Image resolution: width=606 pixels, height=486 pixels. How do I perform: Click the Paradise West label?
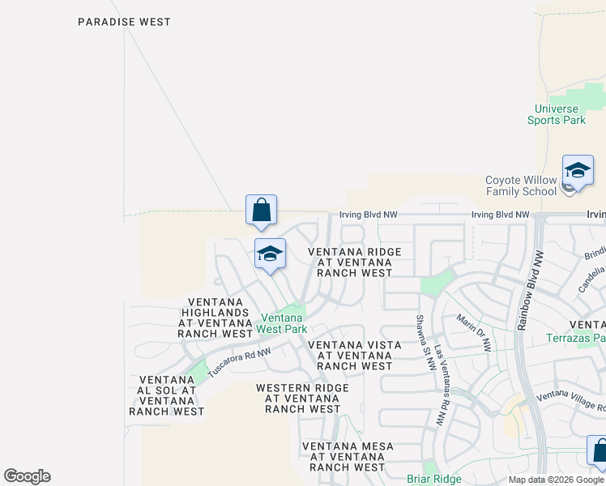(124, 22)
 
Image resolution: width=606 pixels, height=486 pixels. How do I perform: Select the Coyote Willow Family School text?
(521, 185)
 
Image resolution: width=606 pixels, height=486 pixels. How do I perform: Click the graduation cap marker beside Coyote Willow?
(578, 171)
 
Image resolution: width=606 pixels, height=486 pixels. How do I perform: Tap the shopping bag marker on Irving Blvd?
(261, 211)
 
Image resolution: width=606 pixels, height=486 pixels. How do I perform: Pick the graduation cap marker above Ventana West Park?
(270, 254)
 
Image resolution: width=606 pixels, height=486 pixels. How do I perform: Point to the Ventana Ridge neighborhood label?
(355, 262)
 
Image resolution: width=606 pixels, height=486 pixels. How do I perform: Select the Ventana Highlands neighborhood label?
(216, 318)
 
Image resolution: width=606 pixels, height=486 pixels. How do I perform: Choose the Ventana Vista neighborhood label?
(355, 356)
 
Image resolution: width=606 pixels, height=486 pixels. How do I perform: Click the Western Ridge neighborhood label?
(303, 399)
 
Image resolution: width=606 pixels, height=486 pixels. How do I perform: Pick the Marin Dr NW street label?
(474, 332)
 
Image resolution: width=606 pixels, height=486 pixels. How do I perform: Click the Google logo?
(28, 476)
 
